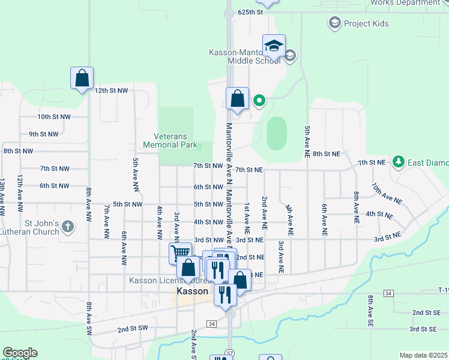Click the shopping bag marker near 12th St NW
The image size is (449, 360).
click(x=82, y=79)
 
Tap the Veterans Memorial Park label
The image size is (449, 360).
click(x=170, y=140)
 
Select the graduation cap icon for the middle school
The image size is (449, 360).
click(x=273, y=46)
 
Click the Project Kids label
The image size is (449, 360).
click(x=366, y=24)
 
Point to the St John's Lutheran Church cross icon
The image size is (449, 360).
click(x=68, y=226)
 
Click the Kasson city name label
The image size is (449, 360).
click(x=193, y=291)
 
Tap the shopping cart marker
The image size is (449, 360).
click(x=179, y=253)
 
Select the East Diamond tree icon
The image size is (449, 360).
click(x=398, y=161)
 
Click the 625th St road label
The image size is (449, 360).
click(x=250, y=12)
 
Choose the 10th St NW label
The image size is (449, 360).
click(x=53, y=117)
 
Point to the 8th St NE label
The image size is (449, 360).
click(x=326, y=154)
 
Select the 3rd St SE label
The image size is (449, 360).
click(x=423, y=329)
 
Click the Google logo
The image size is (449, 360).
click(x=20, y=353)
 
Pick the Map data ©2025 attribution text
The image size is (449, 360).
click(x=423, y=355)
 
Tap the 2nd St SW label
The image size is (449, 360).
click(x=132, y=329)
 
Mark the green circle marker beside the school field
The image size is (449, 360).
click(x=259, y=100)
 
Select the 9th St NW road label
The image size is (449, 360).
click(x=44, y=134)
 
